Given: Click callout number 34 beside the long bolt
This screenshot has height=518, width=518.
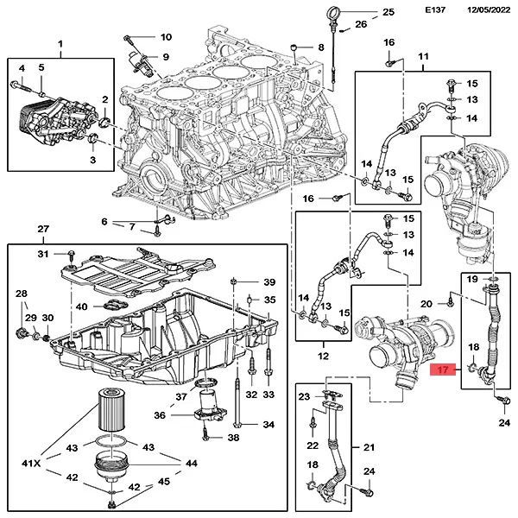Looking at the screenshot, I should point(268,425).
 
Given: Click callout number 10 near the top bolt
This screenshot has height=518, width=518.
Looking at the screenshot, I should point(166,37).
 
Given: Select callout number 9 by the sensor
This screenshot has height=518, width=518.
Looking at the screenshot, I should point(165,57).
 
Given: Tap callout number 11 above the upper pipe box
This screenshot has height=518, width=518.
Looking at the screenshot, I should point(423,59).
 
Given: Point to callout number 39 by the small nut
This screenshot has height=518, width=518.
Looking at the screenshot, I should point(268,283).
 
